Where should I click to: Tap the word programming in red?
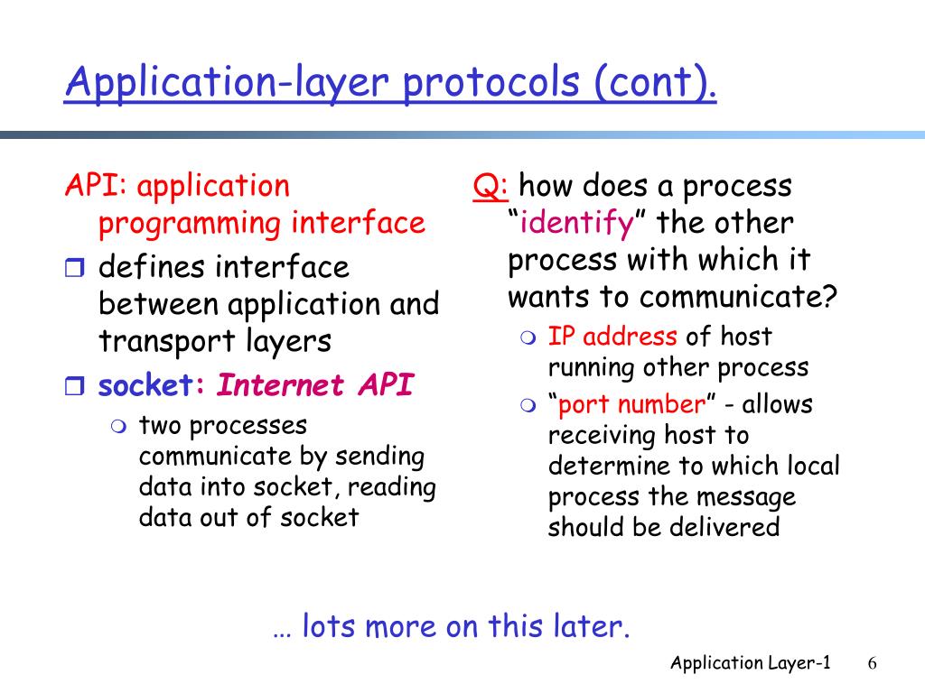pyautogui.click(x=190, y=225)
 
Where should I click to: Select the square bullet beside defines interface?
pyautogui.click(x=74, y=267)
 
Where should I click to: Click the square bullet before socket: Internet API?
pyautogui.click(x=74, y=386)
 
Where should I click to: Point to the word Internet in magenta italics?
pyautogui.click(x=280, y=385)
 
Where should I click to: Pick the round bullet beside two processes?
pyautogui.click(x=118, y=427)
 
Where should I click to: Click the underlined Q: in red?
pyautogui.click(x=491, y=186)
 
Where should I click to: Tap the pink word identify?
pyautogui.click(x=576, y=223)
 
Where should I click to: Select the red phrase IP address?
pyautogui.click(x=612, y=336)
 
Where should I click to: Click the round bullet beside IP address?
pyautogui.click(x=528, y=337)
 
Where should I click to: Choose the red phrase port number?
pyautogui.click(x=631, y=404)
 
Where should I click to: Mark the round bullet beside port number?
pyautogui.click(x=528, y=405)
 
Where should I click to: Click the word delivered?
pyautogui.click(x=725, y=526)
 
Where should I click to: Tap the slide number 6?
pyautogui.click(x=872, y=663)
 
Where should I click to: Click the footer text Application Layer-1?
pyautogui.click(x=751, y=663)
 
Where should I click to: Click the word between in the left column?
pyautogui.click(x=159, y=304)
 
